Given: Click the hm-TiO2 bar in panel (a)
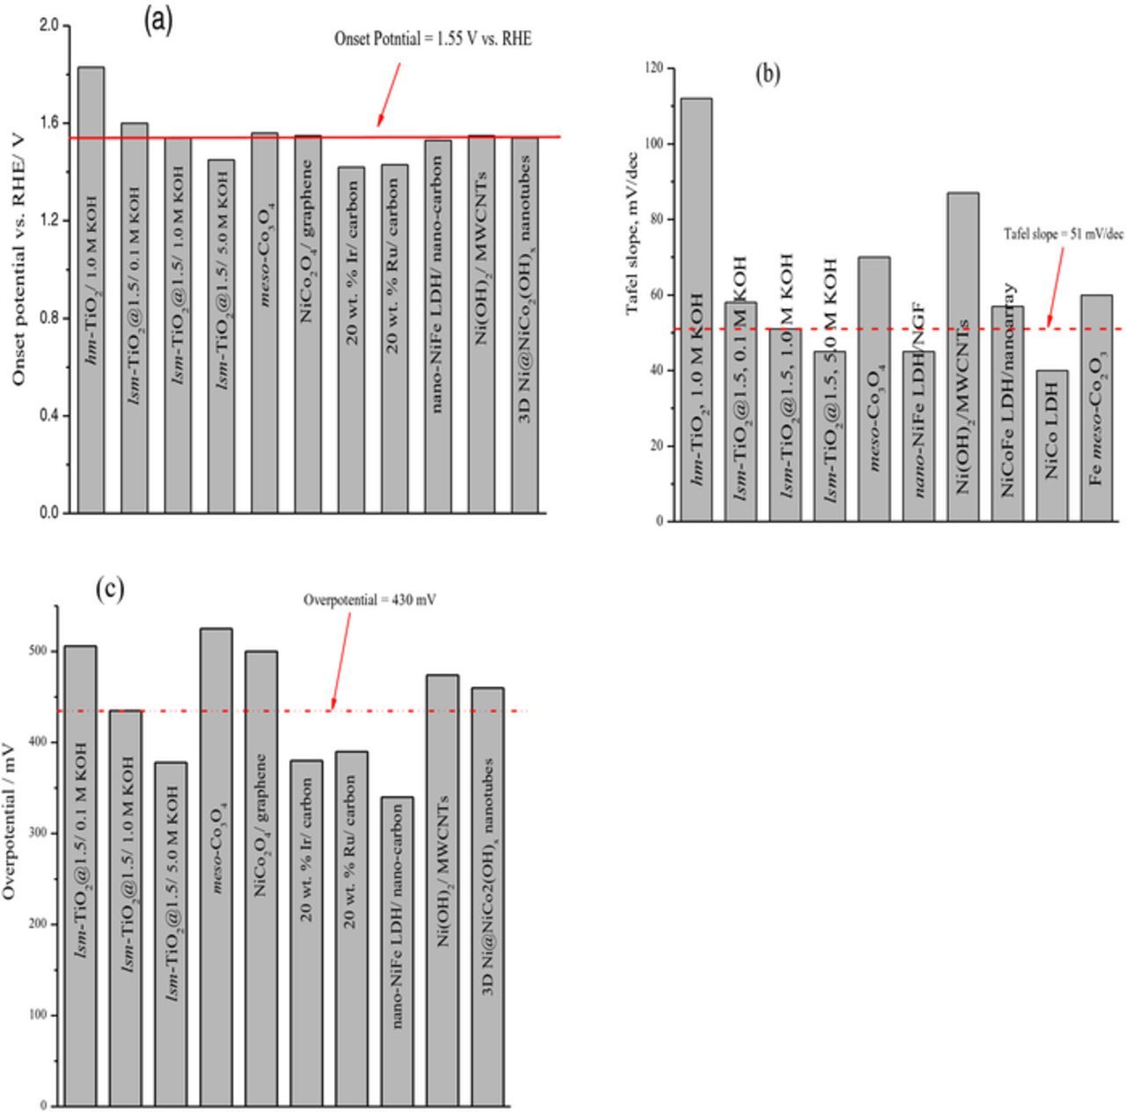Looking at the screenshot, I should [x=91, y=290].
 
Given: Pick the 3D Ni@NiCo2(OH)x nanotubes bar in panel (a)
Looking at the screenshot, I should [x=524, y=325].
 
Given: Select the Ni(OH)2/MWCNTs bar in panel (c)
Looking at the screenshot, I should [x=442, y=890].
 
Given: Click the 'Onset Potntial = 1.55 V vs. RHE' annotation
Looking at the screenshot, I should [x=432, y=39].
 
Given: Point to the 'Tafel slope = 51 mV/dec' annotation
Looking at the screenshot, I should [x=1064, y=234].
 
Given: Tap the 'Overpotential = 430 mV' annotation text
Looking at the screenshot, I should [x=369, y=600].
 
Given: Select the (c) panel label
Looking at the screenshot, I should [x=110, y=589].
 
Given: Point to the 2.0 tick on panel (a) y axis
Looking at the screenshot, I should [x=48, y=26].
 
